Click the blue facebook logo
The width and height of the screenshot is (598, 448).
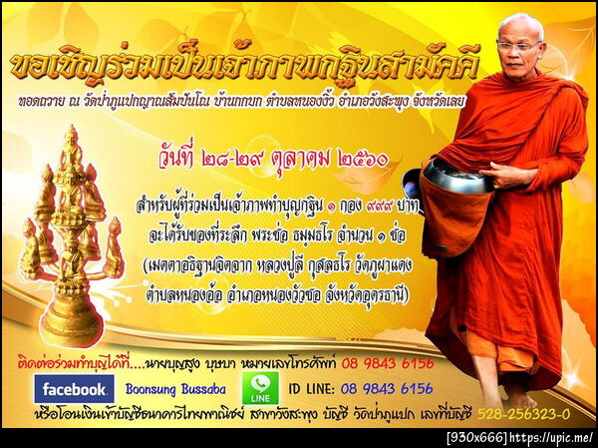click(x=73, y=388)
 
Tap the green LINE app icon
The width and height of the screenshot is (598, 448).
click(x=260, y=388)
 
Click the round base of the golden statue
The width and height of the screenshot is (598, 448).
click(x=71, y=326)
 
